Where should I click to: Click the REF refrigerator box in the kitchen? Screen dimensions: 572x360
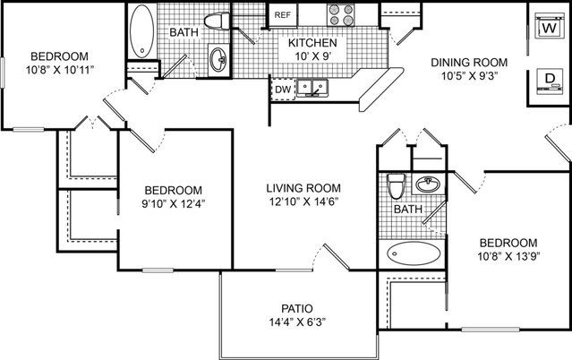[x=283, y=14]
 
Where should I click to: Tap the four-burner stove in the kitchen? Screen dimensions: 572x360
[x=341, y=15]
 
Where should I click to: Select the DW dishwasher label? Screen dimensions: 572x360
[x=283, y=90]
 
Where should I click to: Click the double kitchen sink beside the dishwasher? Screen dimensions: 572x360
[x=312, y=88]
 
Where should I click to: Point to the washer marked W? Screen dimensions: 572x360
[x=549, y=26]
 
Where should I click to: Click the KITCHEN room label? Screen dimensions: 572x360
[x=312, y=43]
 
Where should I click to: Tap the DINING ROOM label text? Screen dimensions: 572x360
[x=469, y=63]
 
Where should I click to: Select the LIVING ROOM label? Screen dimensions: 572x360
[x=303, y=188]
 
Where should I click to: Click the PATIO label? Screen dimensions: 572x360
[x=297, y=309]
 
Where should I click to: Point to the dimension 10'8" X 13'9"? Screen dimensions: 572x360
[x=508, y=256]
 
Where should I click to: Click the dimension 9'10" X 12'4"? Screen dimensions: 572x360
[x=174, y=203]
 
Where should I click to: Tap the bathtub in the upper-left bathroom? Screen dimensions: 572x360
[x=142, y=31]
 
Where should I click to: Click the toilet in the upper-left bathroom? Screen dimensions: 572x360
[x=217, y=21]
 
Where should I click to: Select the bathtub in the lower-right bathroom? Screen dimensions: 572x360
[x=414, y=253]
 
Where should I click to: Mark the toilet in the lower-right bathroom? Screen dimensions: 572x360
[x=397, y=185]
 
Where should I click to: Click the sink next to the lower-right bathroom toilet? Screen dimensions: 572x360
[x=428, y=184]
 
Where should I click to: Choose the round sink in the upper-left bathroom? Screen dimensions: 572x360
[x=219, y=59]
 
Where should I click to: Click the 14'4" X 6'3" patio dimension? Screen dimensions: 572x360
[x=297, y=322]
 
